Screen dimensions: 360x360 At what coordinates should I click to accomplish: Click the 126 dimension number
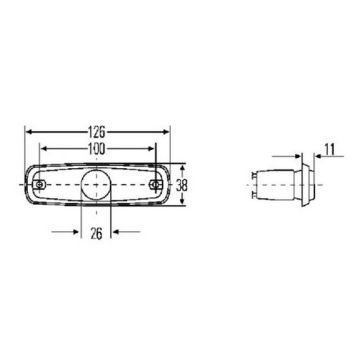click(98, 131)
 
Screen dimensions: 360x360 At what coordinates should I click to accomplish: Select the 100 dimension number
click(98, 148)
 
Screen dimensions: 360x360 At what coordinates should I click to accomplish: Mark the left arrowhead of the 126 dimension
click(29, 131)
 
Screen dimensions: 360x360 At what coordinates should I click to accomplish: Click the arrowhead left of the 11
click(300, 157)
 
